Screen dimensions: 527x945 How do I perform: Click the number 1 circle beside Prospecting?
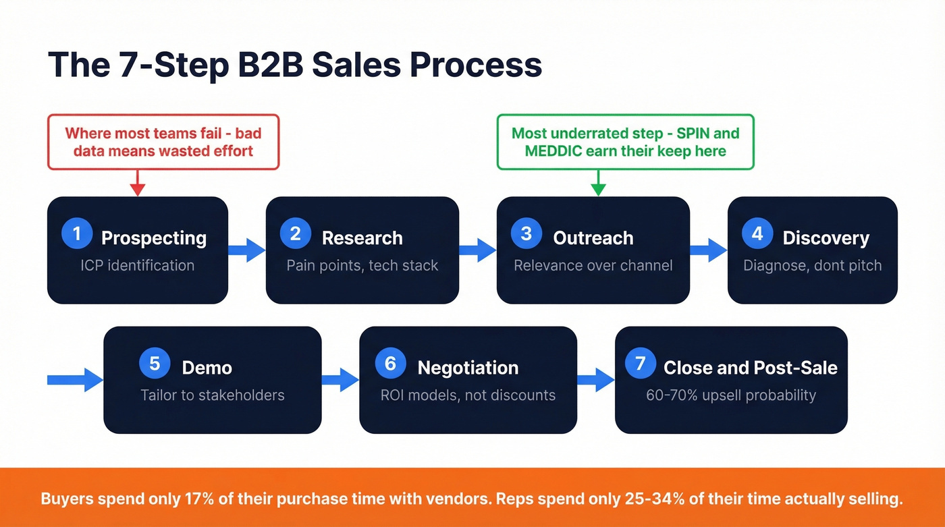click(x=76, y=233)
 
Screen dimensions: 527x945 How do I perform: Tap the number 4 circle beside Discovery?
click(x=757, y=233)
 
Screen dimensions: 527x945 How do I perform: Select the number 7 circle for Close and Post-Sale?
click(x=640, y=364)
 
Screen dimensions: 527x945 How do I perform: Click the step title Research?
click(x=362, y=238)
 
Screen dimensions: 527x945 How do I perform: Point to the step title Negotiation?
click(x=468, y=368)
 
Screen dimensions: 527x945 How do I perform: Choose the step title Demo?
click(x=207, y=368)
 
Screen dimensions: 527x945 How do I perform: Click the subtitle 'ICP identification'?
click(x=137, y=265)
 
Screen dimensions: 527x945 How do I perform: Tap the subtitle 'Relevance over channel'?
click(x=593, y=265)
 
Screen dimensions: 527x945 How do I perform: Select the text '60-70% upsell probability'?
click(x=730, y=395)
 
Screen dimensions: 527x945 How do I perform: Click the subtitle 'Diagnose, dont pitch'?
click(x=812, y=265)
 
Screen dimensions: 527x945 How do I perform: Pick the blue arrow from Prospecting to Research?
click(x=247, y=250)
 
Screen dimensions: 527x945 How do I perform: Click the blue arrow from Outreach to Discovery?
click(x=708, y=250)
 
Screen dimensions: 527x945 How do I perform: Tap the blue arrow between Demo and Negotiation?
click(x=340, y=379)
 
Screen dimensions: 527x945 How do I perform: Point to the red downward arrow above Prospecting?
click(x=138, y=183)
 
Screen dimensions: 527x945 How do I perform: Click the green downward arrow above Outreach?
click(x=598, y=183)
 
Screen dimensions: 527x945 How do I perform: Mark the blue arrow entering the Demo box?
click(x=75, y=379)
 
